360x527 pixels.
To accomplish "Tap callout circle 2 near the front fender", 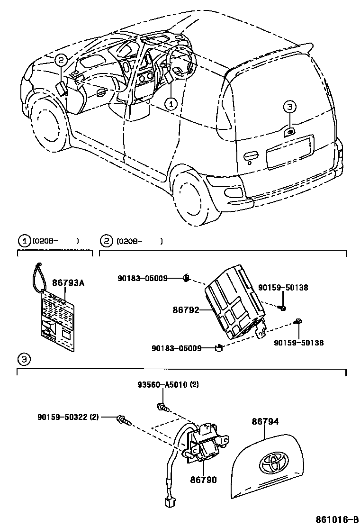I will pos(61,60).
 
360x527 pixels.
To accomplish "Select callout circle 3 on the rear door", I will pos(290,107).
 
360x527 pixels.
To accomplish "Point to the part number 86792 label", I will pos(187,311).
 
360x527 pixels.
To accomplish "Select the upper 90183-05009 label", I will pos(142,278).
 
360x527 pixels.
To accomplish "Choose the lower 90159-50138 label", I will pos(298,343).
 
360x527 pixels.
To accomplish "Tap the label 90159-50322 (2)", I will pos(68,417).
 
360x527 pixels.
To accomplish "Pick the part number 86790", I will pos(204,480).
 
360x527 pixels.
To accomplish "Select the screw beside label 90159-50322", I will pos(124,419).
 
